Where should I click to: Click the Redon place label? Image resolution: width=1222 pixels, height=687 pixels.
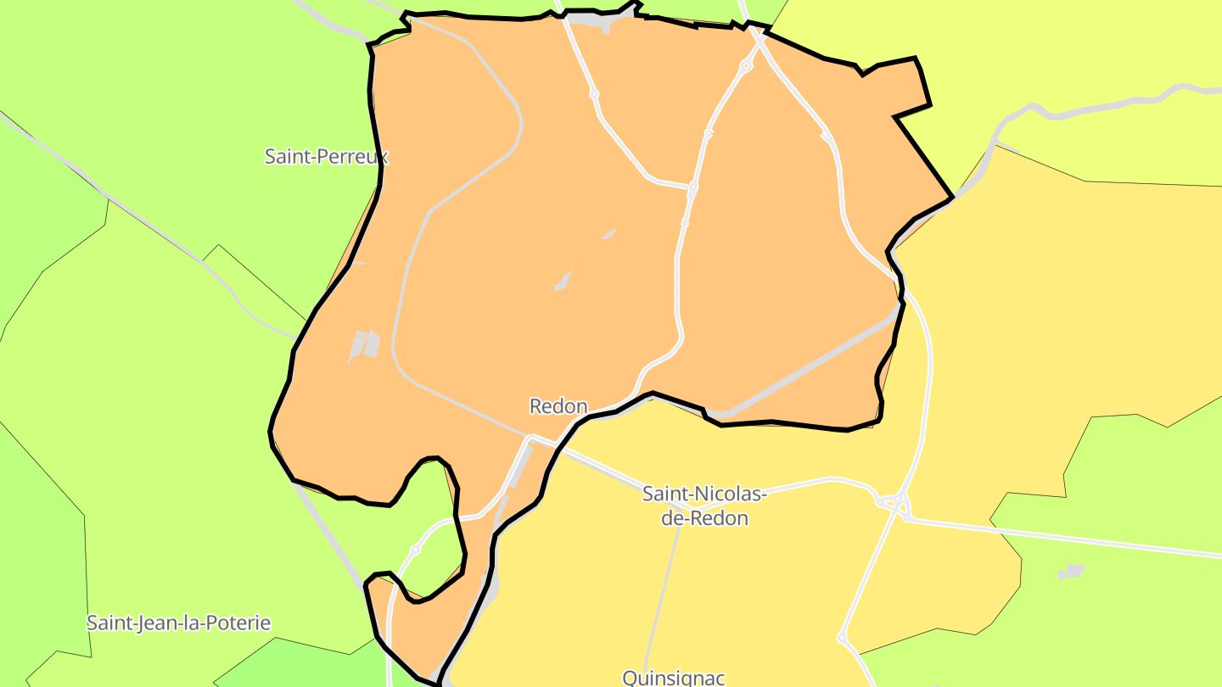[x=558, y=406]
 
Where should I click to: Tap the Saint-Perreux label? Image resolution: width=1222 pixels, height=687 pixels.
[x=326, y=156]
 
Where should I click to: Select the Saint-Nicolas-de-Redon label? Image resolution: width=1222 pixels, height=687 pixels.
[x=704, y=505]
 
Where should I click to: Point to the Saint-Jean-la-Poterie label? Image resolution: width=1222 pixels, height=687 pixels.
[x=178, y=623]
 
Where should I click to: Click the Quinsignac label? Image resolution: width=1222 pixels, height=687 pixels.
[x=674, y=677]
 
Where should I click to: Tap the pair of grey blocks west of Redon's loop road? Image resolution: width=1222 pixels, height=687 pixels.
[x=364, y=344]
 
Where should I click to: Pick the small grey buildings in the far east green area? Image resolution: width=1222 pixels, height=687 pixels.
[x=1072, y=572]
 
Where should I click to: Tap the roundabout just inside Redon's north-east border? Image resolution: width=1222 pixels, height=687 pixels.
[x=747, y=65]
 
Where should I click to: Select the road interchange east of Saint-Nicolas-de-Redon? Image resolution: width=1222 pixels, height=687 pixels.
[x=896, y=505]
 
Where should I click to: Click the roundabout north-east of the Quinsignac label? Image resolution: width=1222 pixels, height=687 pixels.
[x=841, y=637]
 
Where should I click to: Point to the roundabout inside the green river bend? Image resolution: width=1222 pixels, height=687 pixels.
[x=416, y=550]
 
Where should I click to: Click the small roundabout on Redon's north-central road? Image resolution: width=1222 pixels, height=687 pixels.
[x=594, y=94]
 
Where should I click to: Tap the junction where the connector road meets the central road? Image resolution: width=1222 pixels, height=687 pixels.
[x=692, y=186]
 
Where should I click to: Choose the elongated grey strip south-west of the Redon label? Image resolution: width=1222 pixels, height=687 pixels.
[x=519, y=468]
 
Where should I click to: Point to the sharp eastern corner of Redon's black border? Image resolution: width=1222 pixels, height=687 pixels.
[x=951, y=198]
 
